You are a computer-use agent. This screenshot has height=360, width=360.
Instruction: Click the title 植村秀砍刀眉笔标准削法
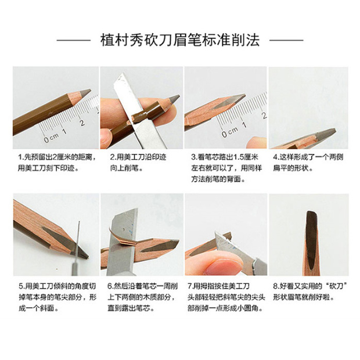click(179, 41)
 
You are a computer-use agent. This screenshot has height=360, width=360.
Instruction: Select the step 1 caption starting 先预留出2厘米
click(52, 162)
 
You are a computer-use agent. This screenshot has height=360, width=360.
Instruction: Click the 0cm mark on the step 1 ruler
click(48, 138)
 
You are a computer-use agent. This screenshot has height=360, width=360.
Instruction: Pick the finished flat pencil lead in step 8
click(311, 232)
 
